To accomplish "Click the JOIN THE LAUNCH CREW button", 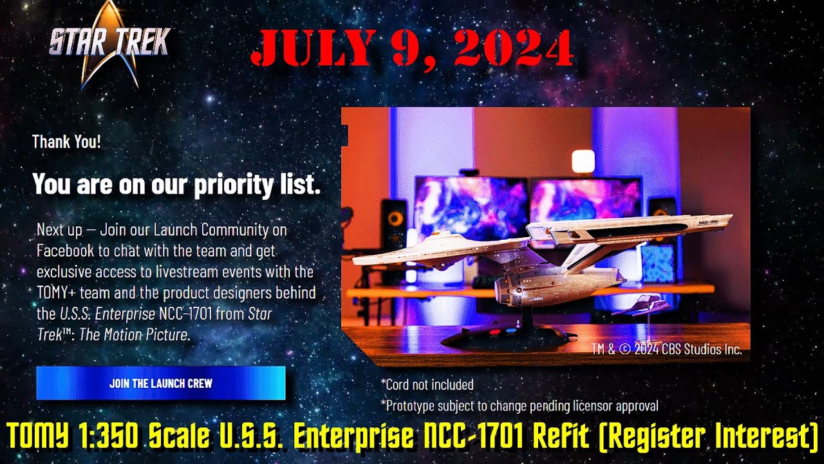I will click(160, 383).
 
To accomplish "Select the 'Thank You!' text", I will click(66, 142).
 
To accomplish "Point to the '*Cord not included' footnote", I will click(427, 385).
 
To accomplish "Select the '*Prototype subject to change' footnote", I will click(519, 405).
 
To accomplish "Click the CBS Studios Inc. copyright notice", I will click(666, 350).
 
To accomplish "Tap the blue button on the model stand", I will click(510, 332).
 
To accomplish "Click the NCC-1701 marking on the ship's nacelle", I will click(712, 221).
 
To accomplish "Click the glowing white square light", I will click(583, 161).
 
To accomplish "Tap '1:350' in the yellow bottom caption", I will click(109, 437).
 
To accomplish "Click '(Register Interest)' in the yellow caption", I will click(708, 437).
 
